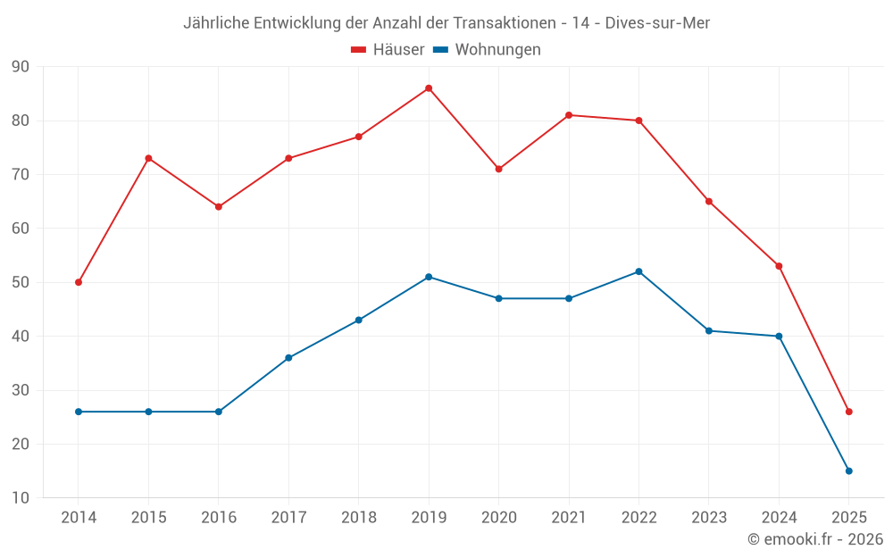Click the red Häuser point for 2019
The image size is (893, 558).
coord(429,88)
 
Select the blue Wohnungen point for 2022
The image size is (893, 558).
coord(638,271)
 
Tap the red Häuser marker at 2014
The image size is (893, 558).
coord(79,282)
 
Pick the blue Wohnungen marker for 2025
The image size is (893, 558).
coord(848,471)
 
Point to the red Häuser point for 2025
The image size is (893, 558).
coord(848,412)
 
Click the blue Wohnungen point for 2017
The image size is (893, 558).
coord(288,358)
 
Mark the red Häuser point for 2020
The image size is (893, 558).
coord(498,169)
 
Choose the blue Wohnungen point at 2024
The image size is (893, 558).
coord(779,337)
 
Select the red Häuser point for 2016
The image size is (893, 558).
coord(218,207)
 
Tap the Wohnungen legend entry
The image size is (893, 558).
coord(497,50)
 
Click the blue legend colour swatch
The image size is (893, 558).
coord(440,50)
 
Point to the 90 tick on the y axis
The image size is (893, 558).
coord(21,67)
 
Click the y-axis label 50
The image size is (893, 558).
coord(21,282)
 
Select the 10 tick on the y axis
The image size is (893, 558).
coord(21,498)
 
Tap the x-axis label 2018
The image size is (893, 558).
coord(358,518)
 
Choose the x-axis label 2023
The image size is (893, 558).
coord(708,518)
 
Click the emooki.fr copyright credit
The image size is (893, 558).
coord(814,539)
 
